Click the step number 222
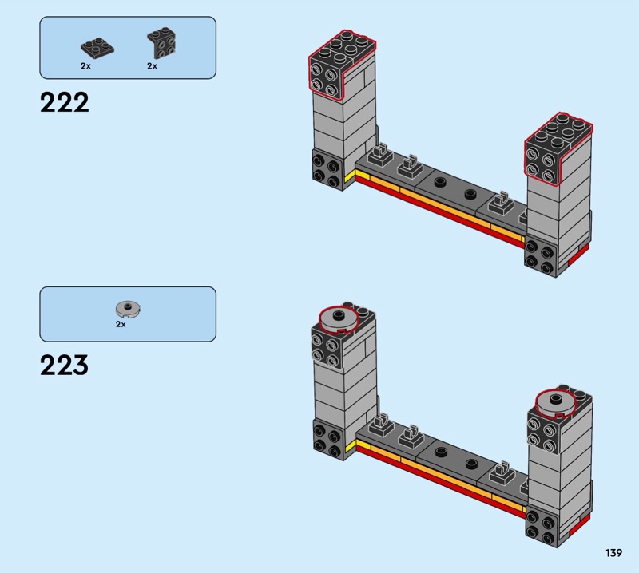[x=65, y=102]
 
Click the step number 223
[x=65, y=365]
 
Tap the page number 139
[x=613, y=552]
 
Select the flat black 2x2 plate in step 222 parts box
[x=97, y=48]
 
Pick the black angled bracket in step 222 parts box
[x=162, y=43]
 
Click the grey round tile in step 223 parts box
[x=128, y=309]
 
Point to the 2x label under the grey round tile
[x=121, y=324]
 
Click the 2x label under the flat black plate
[x=85, y=65]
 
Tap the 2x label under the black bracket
[x=152, y=65]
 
